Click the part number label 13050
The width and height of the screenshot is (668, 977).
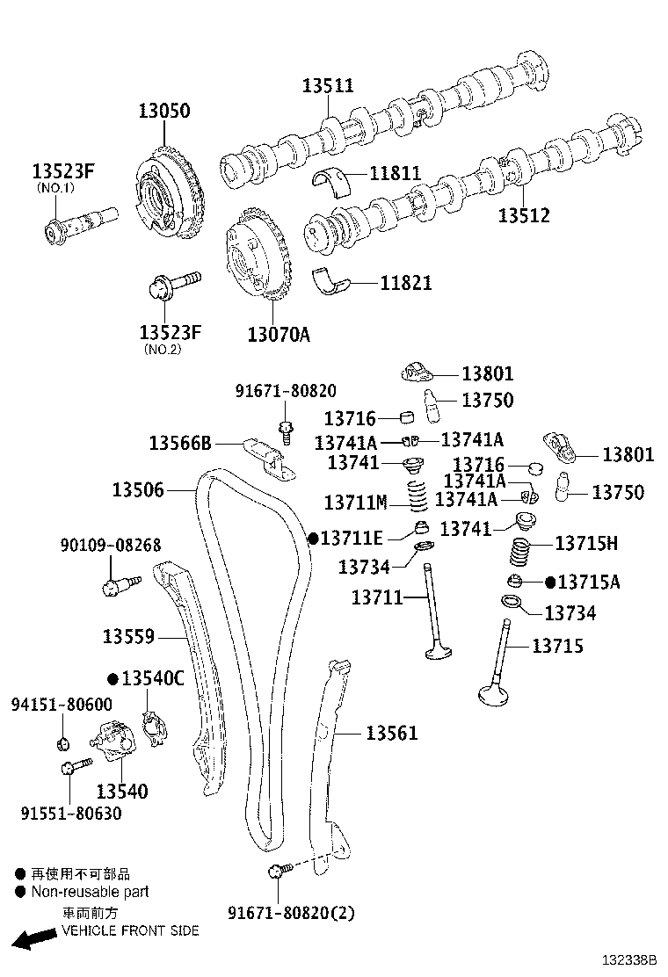(x=163, y=112)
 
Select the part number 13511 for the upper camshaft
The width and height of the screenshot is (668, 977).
(x=328, y=85)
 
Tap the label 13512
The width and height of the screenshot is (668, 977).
(x=524, y=214)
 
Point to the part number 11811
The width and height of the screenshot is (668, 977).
(x=395, y=174)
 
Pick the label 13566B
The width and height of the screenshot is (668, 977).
(x=180, y=442)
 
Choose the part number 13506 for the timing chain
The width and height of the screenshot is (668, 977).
(x=138, y=489)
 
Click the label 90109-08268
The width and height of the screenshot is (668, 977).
(x=111, y=546)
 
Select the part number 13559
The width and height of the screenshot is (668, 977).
(x=128, y=636)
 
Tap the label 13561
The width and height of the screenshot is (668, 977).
(x=392, y=733)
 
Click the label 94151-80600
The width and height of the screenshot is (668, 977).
(x=62, y=704)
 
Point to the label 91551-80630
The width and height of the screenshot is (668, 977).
(x=71, y=814)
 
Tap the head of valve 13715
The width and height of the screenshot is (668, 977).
(x=497, y=693)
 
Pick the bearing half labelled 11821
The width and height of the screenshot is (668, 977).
(x=333, y=280)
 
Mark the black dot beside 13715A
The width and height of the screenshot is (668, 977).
(x=550, y=582)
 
